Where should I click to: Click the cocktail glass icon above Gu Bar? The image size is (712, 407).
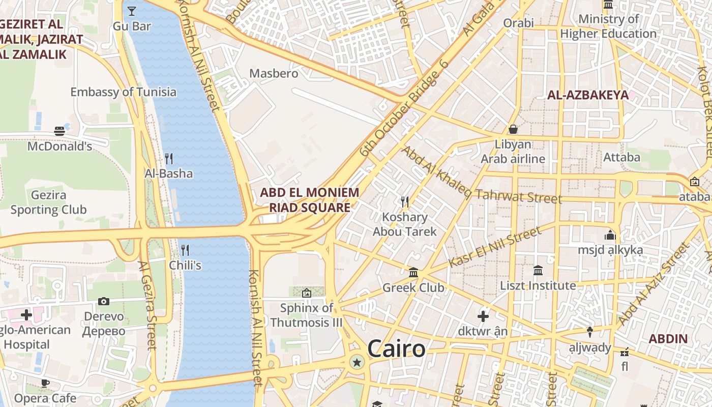tap(132, 10)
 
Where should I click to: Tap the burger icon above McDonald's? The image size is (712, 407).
tap(60, 131)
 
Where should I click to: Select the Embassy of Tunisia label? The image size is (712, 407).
tap(123, 92)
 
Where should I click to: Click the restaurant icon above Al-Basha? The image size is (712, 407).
tap(169, 158)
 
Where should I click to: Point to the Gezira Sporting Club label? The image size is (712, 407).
tap(48, 202)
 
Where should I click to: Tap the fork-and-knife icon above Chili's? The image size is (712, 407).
tap(185, 250)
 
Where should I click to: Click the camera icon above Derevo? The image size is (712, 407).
tap(104, 301)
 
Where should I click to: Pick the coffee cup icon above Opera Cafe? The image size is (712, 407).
tap(45, 383)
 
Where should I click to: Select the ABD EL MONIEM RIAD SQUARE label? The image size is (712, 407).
tap(309, 200)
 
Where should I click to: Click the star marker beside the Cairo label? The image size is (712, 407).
tap(357, 362)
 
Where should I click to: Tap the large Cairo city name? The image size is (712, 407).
tap(396, 349)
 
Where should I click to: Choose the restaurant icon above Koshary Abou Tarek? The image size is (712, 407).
tap(405, 202)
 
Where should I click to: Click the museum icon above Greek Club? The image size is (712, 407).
tap(413, 273)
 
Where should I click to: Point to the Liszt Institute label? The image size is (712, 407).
tap(538, 285)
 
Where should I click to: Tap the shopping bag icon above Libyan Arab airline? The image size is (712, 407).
tap(513, 129)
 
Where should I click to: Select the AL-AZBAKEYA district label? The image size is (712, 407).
tap(587, 95)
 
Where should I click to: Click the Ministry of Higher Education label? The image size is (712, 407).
tap(608, 26)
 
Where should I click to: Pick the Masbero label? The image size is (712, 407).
tap(274, 73)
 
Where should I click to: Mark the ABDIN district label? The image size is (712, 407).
tap(668, 339)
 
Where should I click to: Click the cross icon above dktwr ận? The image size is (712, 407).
tap(483, 316)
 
